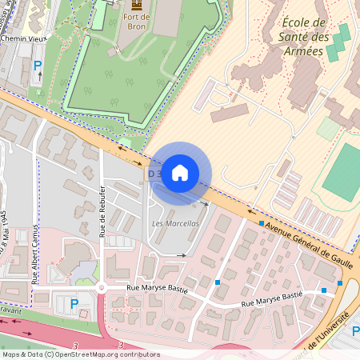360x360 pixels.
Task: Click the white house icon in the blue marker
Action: coord(180,173)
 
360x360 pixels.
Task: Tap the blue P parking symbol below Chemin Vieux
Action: coord(38,63)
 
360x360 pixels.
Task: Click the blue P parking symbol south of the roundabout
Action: coord(74,303)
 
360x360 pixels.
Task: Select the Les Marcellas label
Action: coord(174,223)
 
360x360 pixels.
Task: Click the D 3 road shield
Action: coord(154,173)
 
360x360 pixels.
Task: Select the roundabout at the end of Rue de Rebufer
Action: coord(102,288)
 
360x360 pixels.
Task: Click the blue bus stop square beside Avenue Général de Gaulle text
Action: coord(261,223)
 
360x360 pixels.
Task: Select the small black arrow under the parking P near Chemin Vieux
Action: coord(38,76)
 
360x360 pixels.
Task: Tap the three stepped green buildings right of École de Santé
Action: coord(338,40)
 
